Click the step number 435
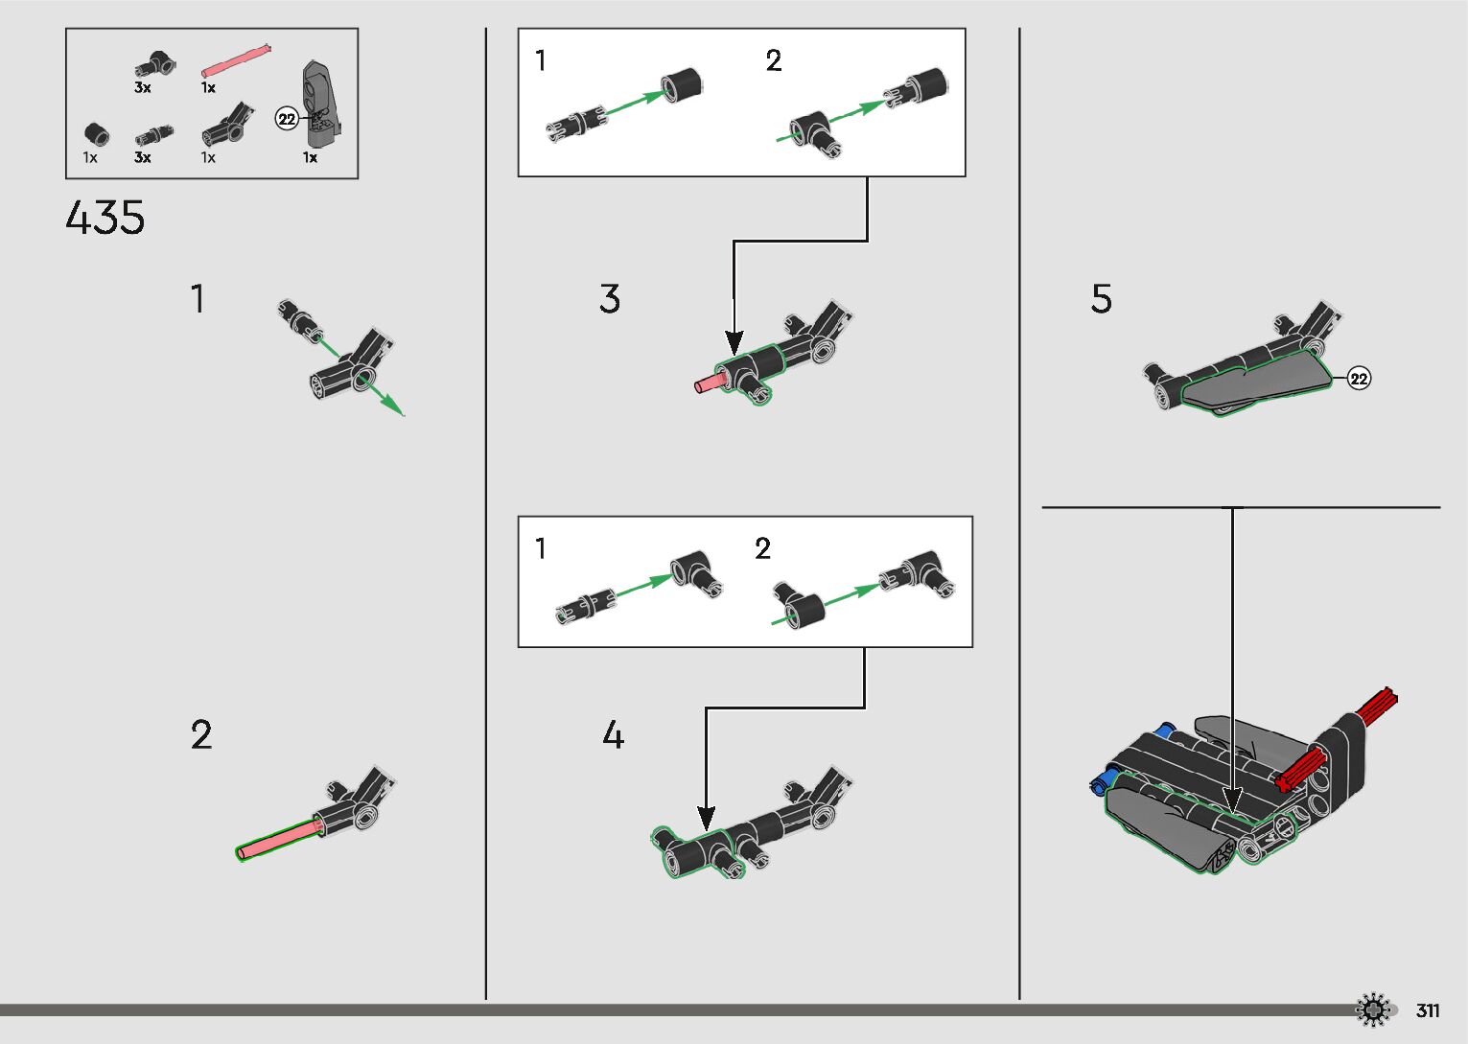coord(105,217)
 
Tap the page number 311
coord(1428,1010)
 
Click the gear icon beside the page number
coord(1373,1009)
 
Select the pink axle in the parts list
coord(236,60)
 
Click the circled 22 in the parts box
coord(287,119)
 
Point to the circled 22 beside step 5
coord(1359,379)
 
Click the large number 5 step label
coord(1101,298)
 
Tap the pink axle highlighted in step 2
coord(279,840)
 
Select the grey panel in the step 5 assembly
coord(1255,383)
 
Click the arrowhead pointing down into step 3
coord(734,343)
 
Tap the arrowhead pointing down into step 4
coord(706,819)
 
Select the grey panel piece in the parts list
coord(322,104)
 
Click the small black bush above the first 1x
coord(97,134)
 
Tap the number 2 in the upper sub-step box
coord(774,60)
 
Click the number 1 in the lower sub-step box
coord(541,548)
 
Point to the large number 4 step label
coord(614,734)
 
